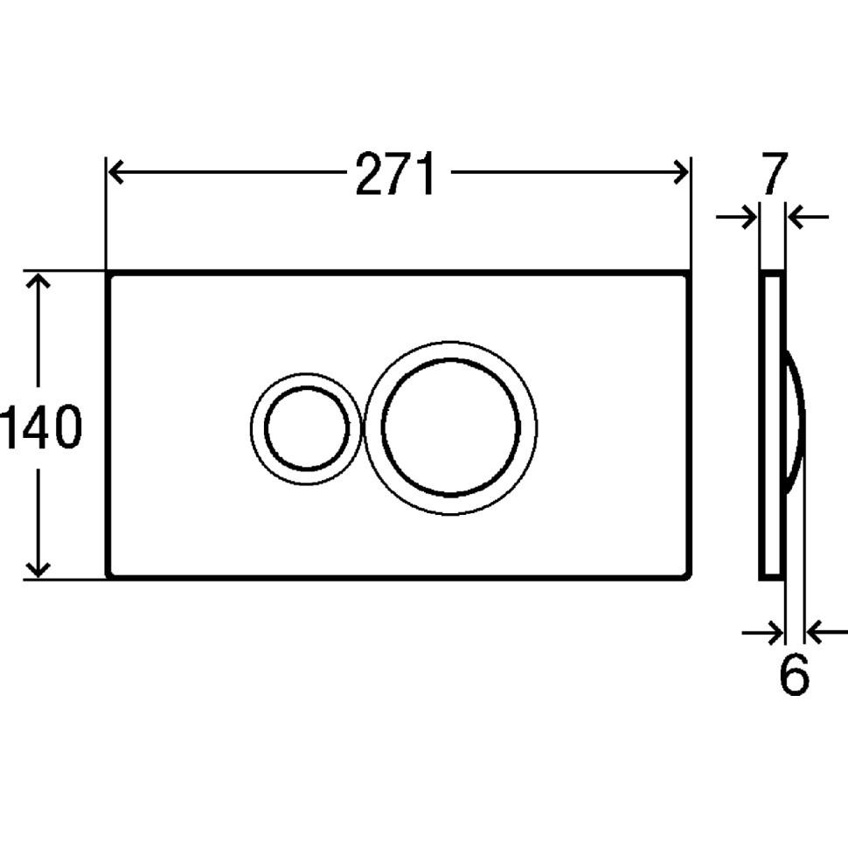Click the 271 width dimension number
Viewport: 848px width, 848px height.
(395, 176)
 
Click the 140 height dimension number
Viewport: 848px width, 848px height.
(40, 428)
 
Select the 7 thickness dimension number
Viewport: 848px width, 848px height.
(774, 174)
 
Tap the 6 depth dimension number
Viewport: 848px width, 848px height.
(793, 674)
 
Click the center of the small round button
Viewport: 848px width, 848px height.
(305, 427)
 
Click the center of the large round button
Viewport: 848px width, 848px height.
(450, 427)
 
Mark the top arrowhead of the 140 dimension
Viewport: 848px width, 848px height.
(38, 282)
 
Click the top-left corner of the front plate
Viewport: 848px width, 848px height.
(108, 274)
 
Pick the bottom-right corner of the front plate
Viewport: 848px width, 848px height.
(690, 576)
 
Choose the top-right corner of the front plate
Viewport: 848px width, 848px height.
(690, 274)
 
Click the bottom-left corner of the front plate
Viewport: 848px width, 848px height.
(108, 576)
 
